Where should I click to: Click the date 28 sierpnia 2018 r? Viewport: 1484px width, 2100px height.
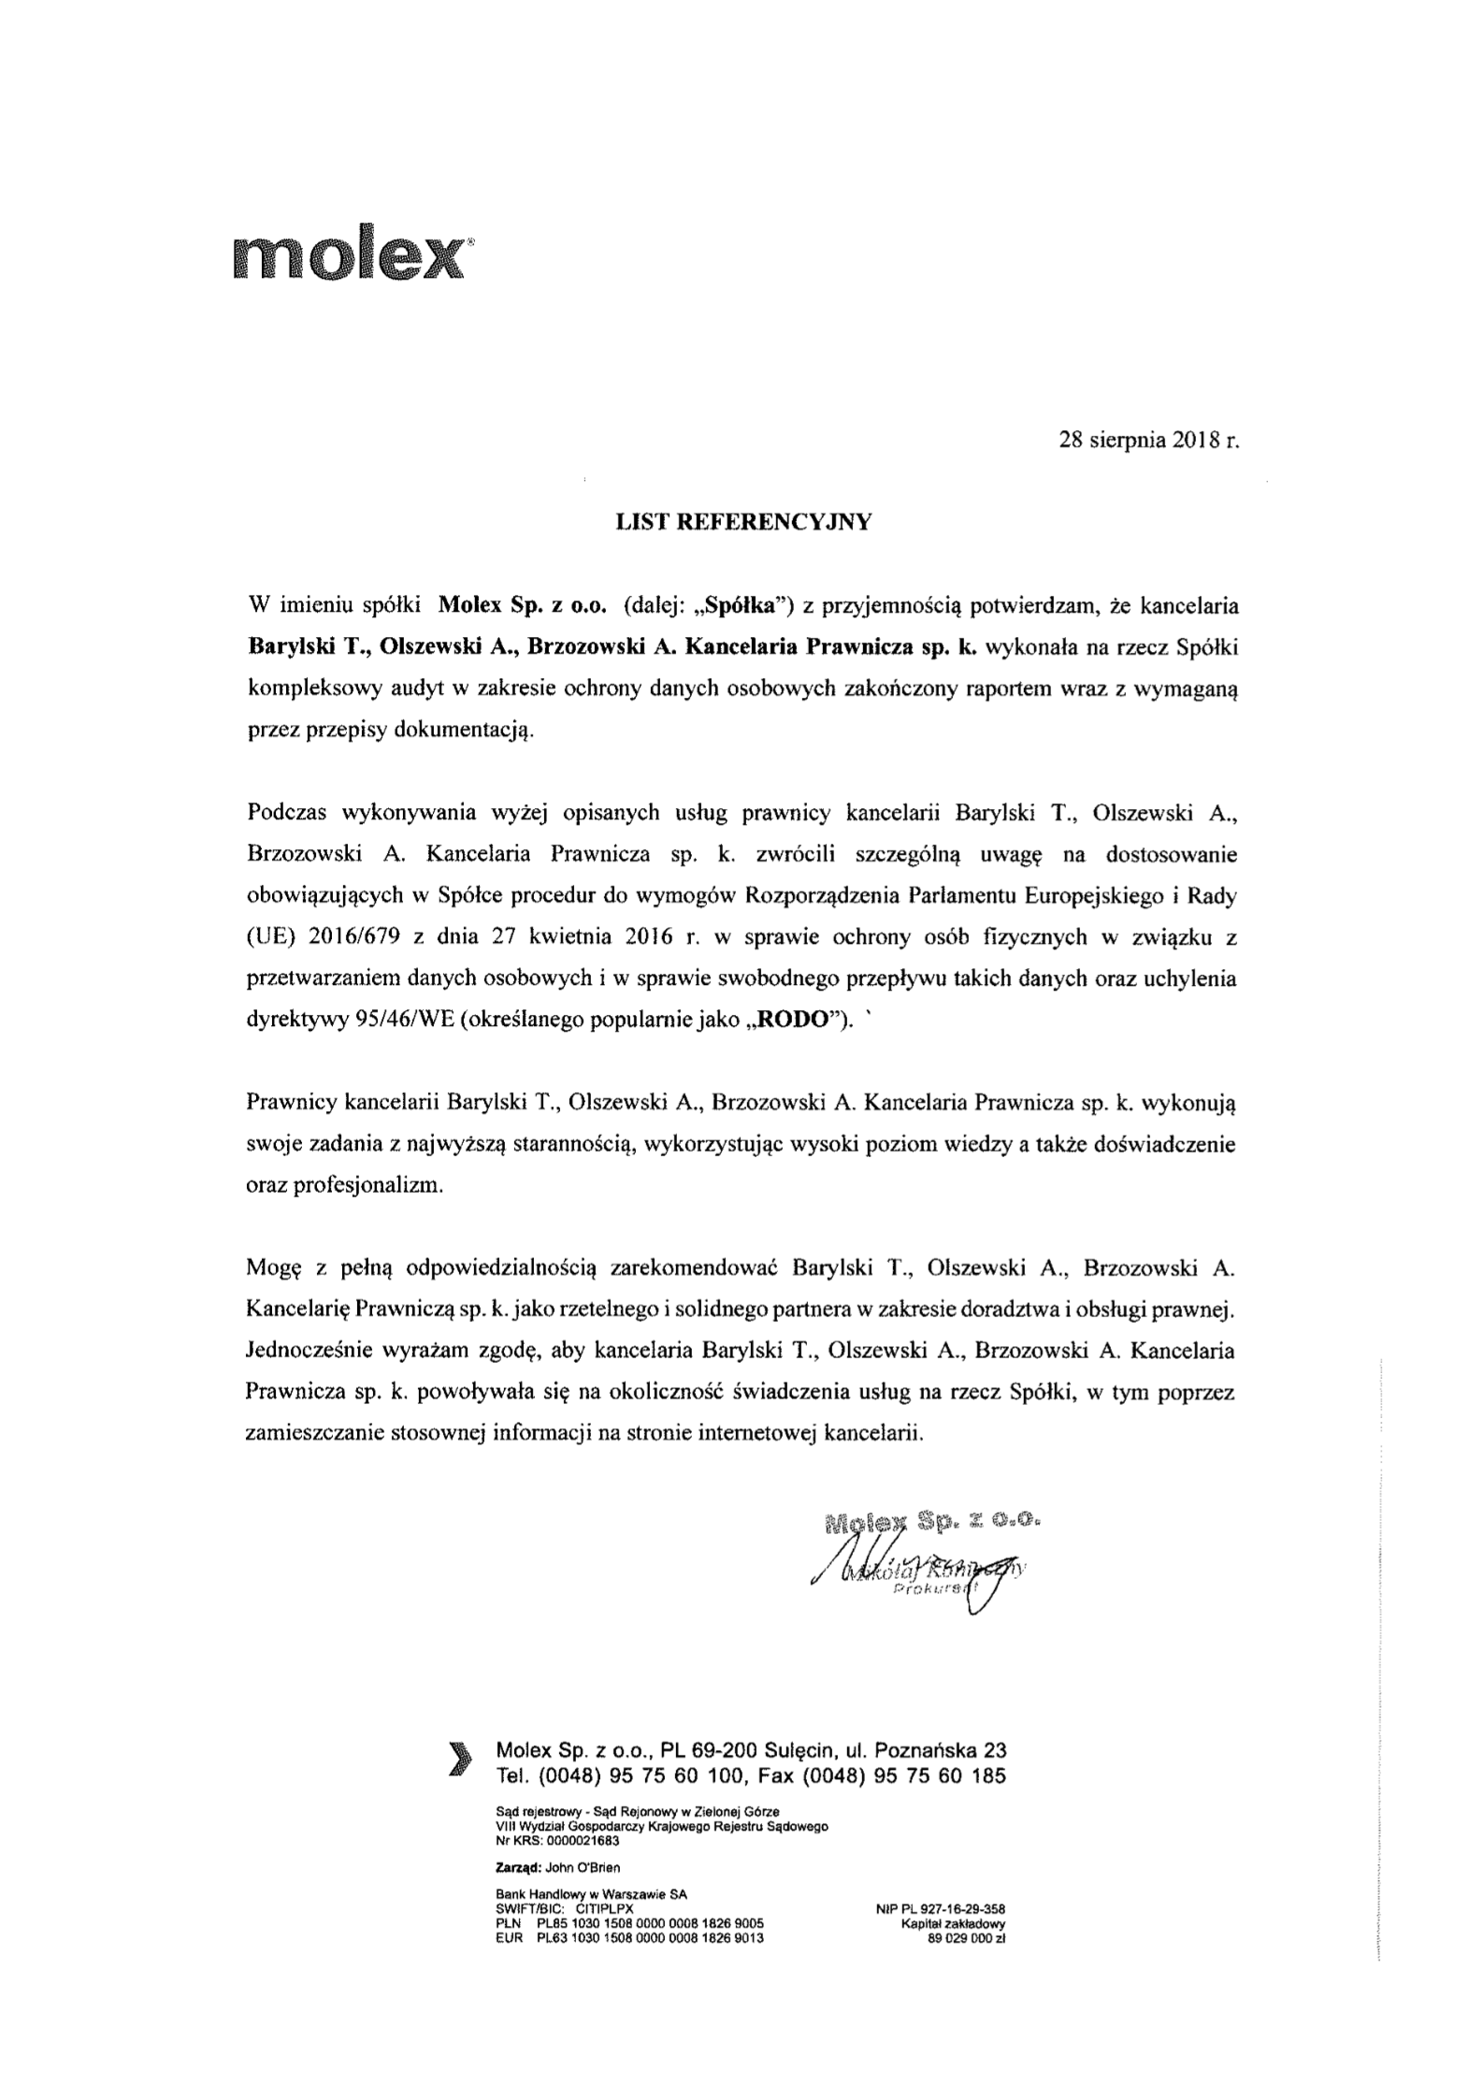point(1148,441)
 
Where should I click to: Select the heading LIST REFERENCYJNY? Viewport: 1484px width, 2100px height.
point(742,523)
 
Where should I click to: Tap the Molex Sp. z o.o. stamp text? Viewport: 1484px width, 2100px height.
point(932,1522)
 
